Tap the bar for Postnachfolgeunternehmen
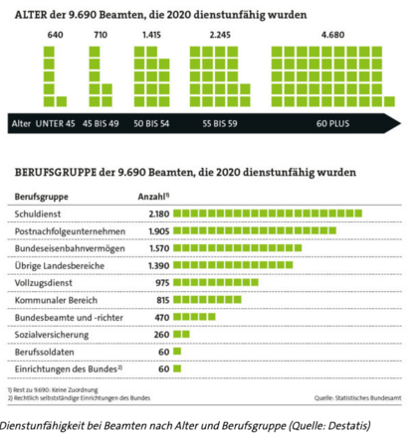[x=254, y=230]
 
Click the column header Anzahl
[x=151, y=197]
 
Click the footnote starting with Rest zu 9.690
[x=55, y=391]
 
